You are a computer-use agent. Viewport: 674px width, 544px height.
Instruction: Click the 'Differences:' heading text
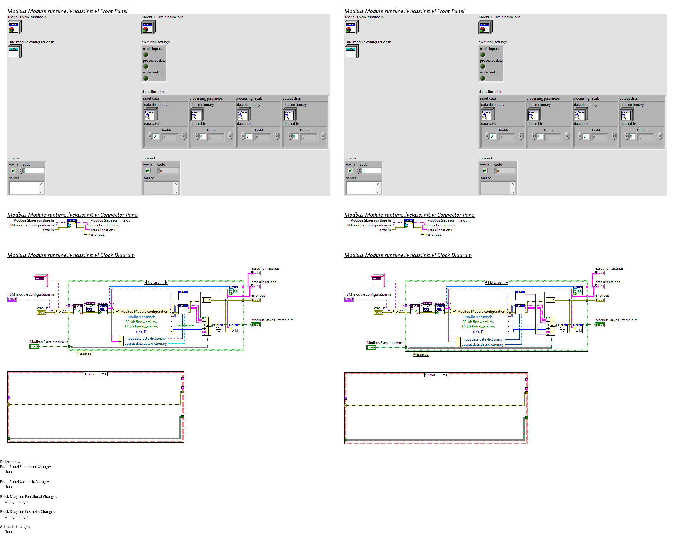click(10, 461)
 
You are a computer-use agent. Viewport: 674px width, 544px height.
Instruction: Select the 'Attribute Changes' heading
click(15, 526)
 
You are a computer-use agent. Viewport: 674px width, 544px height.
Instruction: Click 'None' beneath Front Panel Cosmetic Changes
click(9, 487)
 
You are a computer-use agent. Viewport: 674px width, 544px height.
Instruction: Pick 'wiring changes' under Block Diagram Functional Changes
click(17, 502)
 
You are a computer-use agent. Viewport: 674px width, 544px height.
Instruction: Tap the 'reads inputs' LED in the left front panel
click(146, 55)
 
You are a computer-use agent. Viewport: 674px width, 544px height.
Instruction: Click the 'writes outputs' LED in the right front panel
click(483, 78)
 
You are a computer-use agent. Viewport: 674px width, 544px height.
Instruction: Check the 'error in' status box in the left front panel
click(14, 171)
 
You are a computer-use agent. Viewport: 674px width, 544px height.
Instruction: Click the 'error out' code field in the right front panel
click(505, 171)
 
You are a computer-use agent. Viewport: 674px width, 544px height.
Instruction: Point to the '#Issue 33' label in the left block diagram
click(84, 354)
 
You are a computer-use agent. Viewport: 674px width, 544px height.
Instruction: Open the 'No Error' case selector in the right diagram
click(497, 282)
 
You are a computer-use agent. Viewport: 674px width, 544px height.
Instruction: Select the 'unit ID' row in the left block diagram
click(141, 332)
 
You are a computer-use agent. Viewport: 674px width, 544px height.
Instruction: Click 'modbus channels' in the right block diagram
click(478, 317)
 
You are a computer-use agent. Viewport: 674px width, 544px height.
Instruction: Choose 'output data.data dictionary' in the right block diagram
click(483, 344)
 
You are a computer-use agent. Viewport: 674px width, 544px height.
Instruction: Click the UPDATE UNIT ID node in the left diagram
click(218, 328)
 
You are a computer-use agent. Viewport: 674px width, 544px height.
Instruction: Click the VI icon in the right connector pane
click(409, 224)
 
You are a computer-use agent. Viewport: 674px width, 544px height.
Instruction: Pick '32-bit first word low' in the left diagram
click(141, 322)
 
